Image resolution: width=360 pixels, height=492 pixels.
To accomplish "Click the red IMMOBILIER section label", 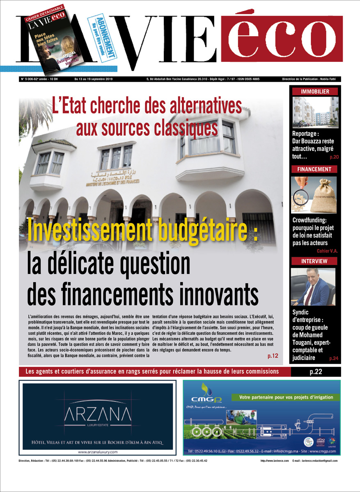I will (x=315, y=92).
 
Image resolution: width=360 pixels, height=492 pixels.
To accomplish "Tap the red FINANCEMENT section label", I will (x=315, y=169).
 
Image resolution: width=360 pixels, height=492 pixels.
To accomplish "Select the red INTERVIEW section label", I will (x=314, y=261).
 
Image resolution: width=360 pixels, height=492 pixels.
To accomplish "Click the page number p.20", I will (x=334, y=157).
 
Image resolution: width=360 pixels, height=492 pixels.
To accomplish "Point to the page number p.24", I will (x=334, y=359).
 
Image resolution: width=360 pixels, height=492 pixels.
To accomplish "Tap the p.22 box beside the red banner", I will (x=316, y=372).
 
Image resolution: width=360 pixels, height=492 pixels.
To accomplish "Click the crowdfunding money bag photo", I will (x=314, y=194).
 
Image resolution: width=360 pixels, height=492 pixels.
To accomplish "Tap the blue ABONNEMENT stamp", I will (x=105, y=39).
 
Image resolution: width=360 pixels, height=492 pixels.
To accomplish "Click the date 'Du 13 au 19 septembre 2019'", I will (x=96, y=79).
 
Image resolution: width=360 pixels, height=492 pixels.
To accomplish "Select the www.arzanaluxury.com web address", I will (x=97, y=452).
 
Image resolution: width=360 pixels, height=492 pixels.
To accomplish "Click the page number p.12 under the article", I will (x=273, y=356).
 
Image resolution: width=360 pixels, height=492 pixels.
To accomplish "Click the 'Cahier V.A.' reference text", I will (x=327, y=251).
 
